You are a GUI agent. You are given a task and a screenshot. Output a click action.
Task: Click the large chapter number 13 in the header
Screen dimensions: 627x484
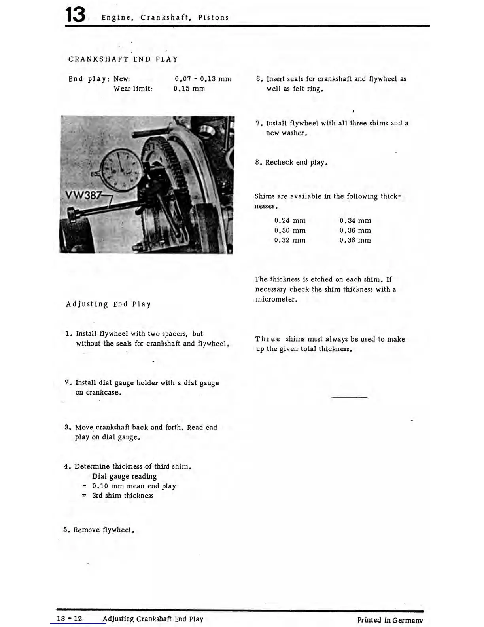(x=75, y=15)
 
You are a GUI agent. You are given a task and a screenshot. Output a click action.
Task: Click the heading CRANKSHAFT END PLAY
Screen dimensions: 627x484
(x=123, y=59)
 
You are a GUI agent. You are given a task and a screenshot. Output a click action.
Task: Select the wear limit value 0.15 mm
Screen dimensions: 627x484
(x=189, y=89)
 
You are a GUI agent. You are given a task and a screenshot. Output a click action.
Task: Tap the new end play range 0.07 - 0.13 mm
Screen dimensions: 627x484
(x=203, y=79)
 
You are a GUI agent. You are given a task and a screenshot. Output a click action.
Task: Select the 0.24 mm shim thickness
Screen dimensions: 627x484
(x=290, y=221)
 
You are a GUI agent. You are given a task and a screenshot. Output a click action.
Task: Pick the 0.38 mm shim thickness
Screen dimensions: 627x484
(x=355, y=240)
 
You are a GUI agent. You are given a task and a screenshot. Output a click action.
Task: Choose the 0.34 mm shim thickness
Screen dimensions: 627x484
(x=355, y=221)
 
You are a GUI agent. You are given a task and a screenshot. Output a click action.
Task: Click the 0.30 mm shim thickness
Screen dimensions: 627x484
(x=290, y=230)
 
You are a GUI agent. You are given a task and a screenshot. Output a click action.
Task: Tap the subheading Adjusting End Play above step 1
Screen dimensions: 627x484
(x=108, y=304)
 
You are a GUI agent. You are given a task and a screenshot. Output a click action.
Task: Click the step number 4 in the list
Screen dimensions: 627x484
(x=66, y=466)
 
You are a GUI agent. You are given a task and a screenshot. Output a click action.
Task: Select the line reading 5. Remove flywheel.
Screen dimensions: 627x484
(x=99, y=530)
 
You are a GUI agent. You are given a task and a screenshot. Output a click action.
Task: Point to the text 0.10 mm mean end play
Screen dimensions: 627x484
(x=134, y=486)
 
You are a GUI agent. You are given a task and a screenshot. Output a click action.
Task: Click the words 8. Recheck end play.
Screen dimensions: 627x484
(x=291, y=162)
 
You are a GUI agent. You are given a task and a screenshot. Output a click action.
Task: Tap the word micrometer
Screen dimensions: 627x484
(x=276, y=300)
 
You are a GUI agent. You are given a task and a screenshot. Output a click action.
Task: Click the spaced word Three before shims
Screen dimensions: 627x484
(x=268, y=339)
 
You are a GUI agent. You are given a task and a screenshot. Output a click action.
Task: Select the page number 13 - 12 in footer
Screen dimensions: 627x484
(x=69, y=619)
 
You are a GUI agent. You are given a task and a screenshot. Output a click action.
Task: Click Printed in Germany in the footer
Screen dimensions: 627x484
(x=390, y=620)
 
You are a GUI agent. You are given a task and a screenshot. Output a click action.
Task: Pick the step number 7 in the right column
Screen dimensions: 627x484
(x=257, y=123)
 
